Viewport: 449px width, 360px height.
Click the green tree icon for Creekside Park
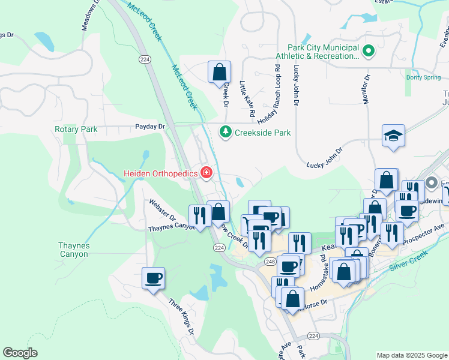(x=225, y=131)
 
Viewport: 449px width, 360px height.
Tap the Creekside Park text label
(x=262, y=132)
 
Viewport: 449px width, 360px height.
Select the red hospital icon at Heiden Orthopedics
(x=206, y=173)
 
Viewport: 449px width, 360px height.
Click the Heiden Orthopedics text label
(x=161, y=173)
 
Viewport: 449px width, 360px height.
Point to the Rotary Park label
(x=76, y=129)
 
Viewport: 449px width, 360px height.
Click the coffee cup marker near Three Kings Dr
(x=153, y=278)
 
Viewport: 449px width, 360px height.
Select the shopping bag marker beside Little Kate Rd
(x=220, y=72)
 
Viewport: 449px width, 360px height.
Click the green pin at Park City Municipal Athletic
(x=369, y=52)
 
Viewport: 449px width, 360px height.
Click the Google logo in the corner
(x=20, y=352)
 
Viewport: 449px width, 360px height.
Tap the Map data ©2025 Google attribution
(x=411, y=355)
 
